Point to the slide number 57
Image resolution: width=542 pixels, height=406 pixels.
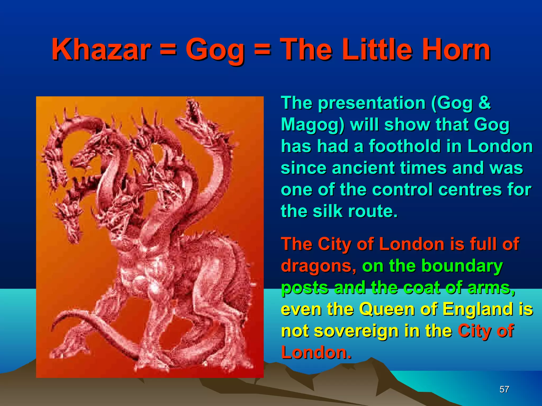coord(504,389)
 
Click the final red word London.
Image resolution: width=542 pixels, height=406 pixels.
coord(316,353)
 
